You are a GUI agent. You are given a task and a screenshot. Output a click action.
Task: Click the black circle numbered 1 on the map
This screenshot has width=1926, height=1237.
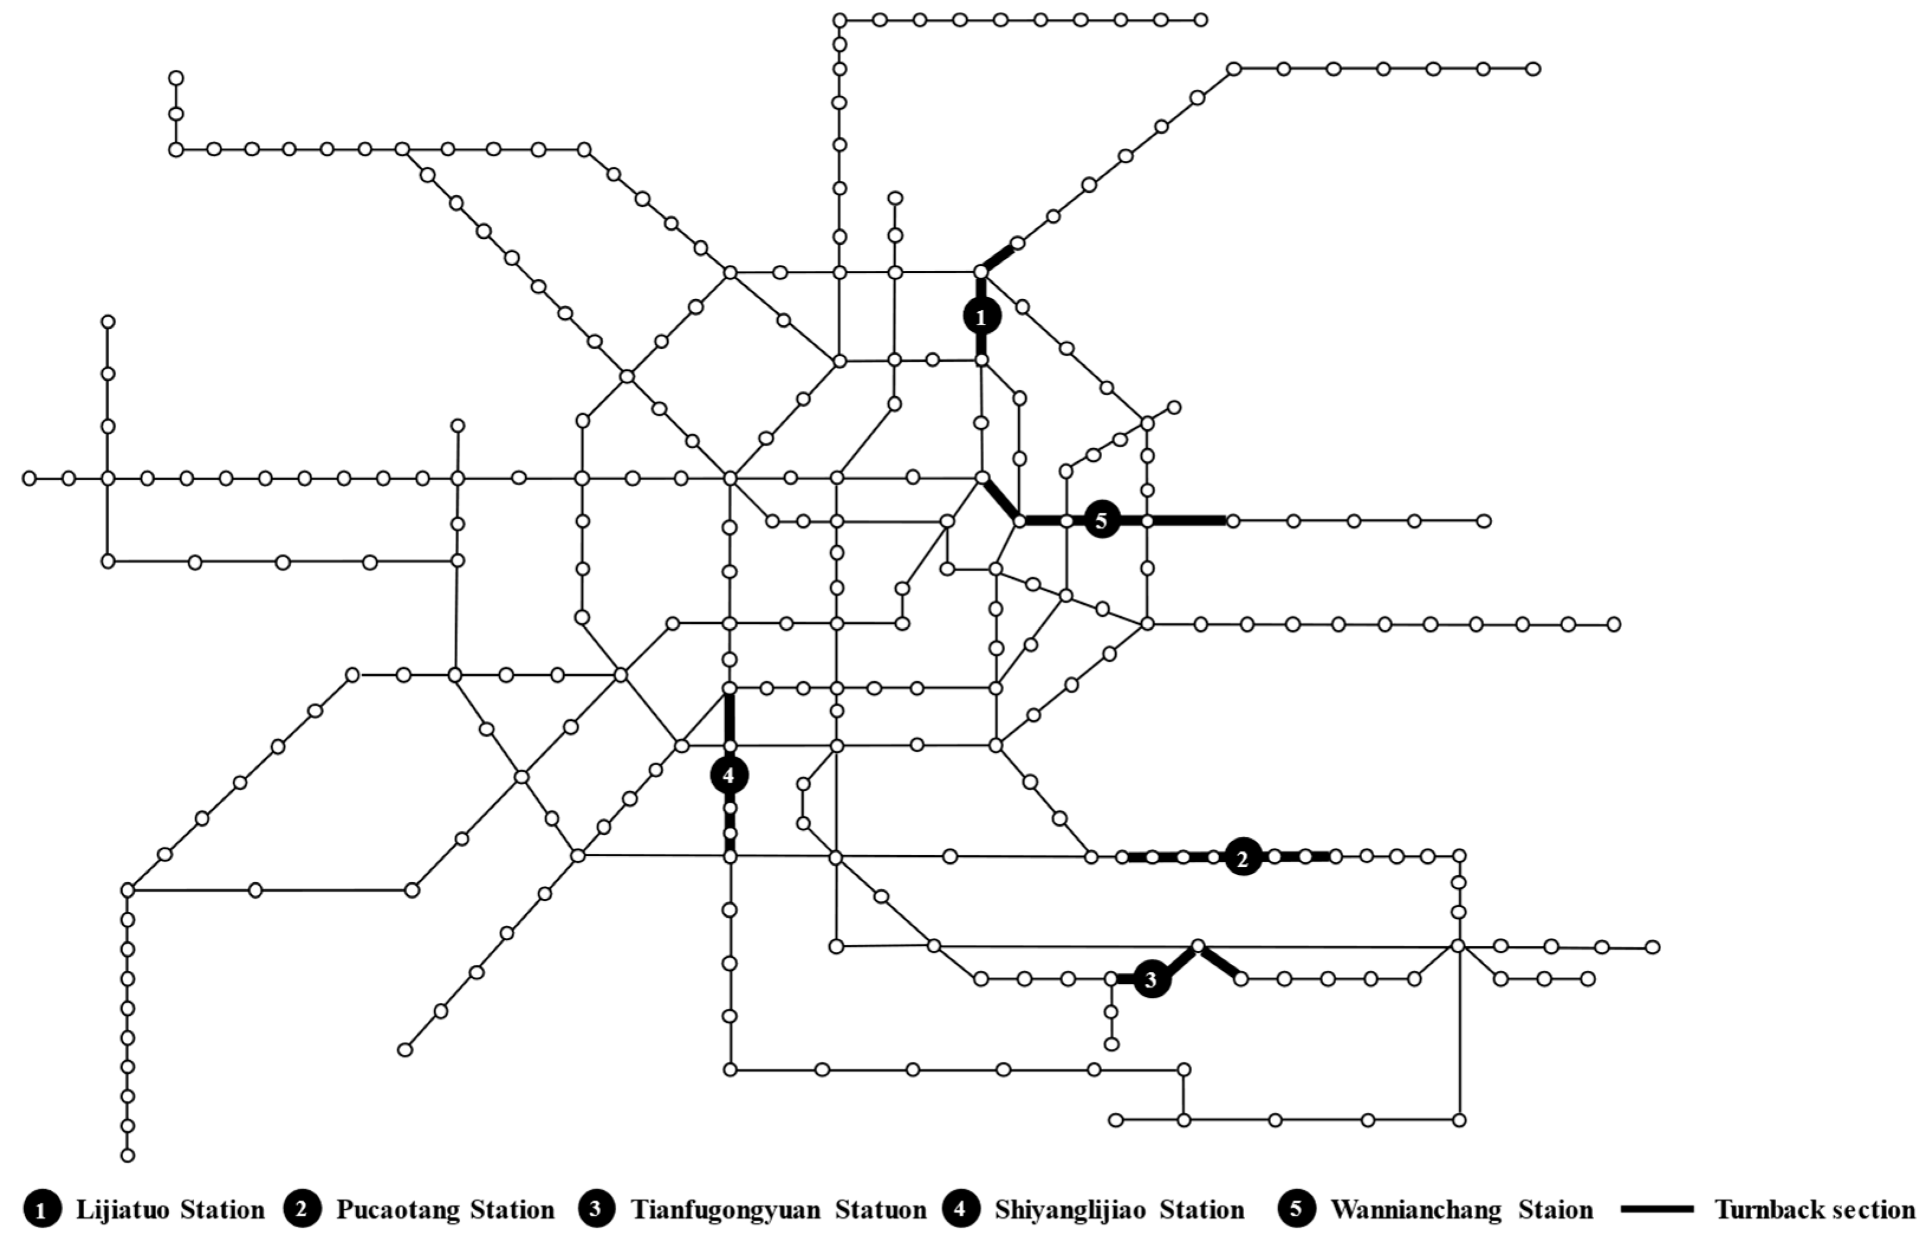(981, 318)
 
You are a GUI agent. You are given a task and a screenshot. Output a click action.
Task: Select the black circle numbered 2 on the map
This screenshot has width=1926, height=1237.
(1243, 858)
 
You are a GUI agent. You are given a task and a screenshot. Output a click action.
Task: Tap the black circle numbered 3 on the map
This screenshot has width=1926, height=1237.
(1152, 979)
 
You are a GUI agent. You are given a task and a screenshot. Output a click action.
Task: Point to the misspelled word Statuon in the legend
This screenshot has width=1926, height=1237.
(881, 1210)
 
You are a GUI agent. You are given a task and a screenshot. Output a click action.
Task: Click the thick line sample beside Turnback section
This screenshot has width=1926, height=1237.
(1658, 1209)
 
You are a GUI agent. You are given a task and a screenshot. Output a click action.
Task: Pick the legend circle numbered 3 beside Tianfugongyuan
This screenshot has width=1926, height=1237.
(595, 1210)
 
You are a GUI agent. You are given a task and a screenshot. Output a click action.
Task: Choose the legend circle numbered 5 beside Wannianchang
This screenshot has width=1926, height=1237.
(1296, 1210)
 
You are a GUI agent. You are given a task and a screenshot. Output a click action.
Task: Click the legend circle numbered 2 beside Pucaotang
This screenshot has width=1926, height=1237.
(302, 1210)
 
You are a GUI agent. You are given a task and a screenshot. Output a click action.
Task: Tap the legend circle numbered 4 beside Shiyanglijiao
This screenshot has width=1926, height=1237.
(961, 1210)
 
